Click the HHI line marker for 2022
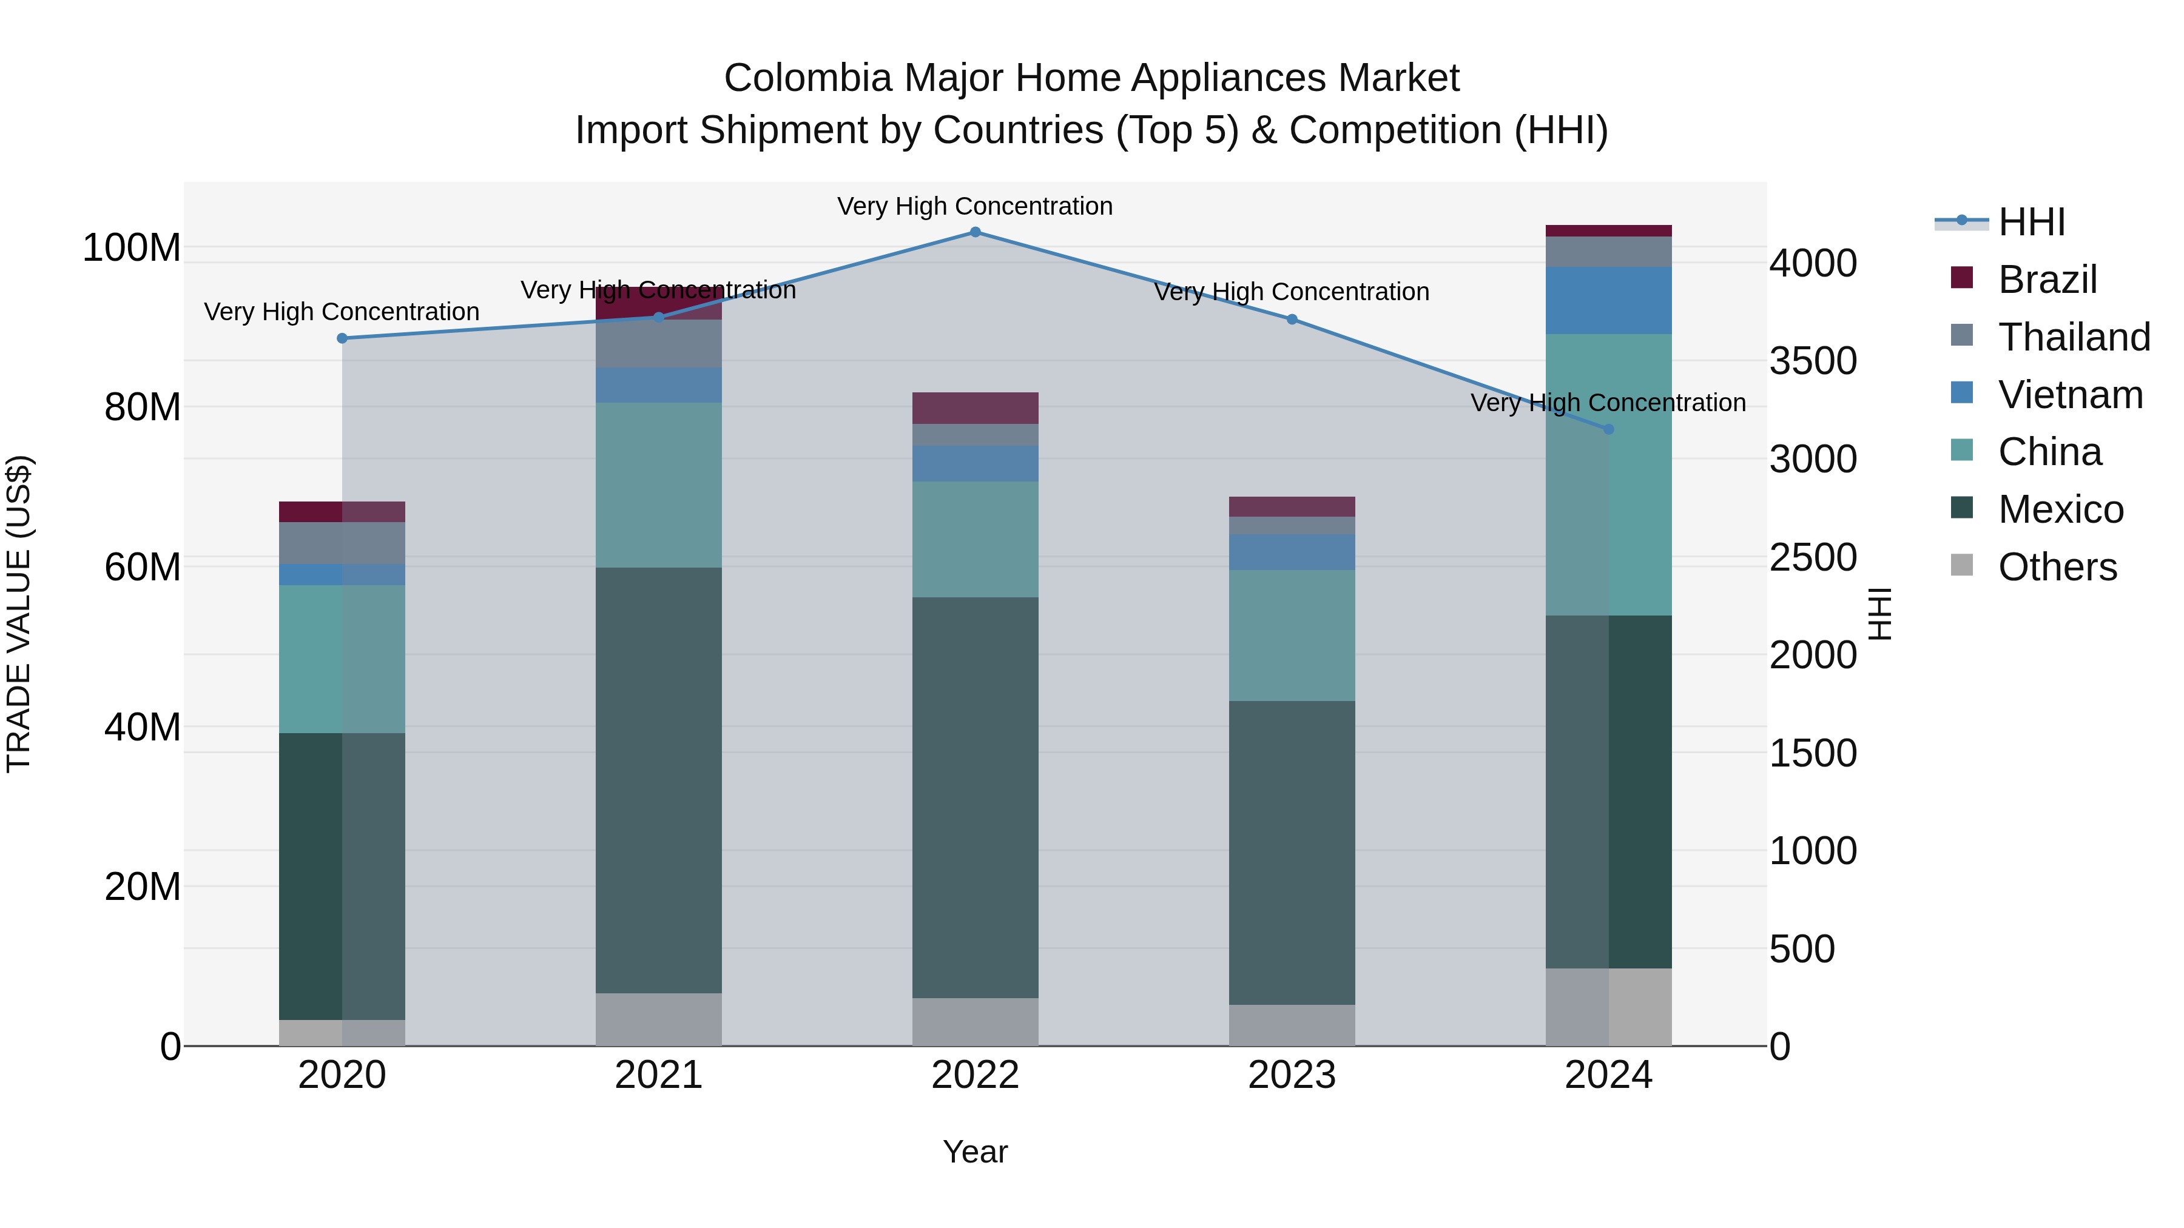click(x=975, y=232)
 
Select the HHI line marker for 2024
click(x=1608, y=429)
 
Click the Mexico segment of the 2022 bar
click(x=975, y=797)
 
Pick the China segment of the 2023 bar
click(x=1291, y=635)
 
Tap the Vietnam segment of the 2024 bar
click(x=1608, y=300)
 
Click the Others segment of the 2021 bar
click(x=659, y=1019)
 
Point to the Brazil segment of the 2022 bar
click(x=975, y=408)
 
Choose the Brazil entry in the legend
click(x=2047, y=280)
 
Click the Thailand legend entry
click(x=2074, y=337)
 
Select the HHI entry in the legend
click(x=2031, y=222)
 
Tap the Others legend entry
click(x=2057, y=567)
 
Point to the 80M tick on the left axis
click(x=143, y=408)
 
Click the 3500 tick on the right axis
click(x=1813, y=361)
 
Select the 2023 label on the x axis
click(x=1291, y=1075)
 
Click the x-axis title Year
click(x=975, y=1152)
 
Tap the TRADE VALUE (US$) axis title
click(x=19, y=614)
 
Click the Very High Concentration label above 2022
click(x=975, y=206)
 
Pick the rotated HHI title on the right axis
click(x=1879, y=614)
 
